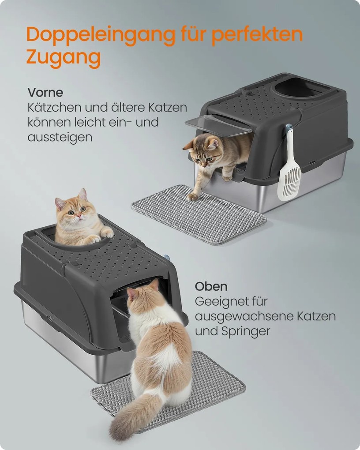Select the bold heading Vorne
pos(45,92)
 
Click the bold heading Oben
pos(211,286)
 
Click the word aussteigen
pos(60,138)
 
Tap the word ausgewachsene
pos(244,317)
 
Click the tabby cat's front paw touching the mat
pos(192,197)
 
